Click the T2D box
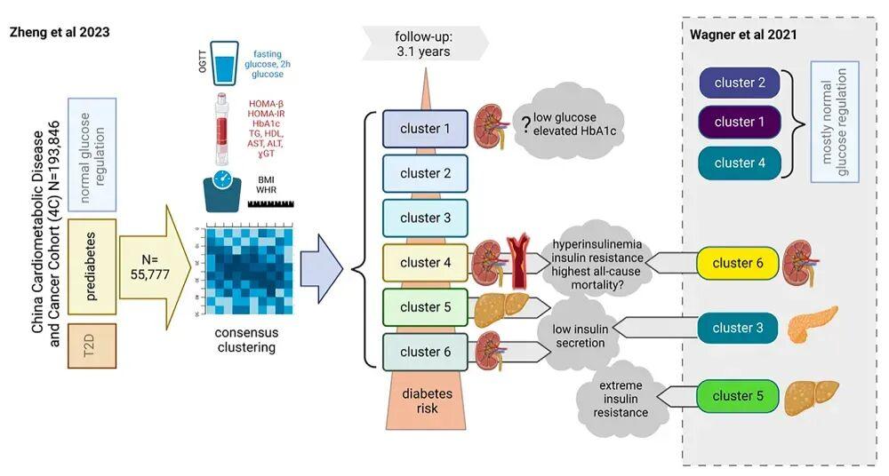[92, 346]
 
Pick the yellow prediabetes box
[92, 267]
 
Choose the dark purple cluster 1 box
[740, 122]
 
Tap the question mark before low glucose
[526, 125]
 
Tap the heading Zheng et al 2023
[60, 31]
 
